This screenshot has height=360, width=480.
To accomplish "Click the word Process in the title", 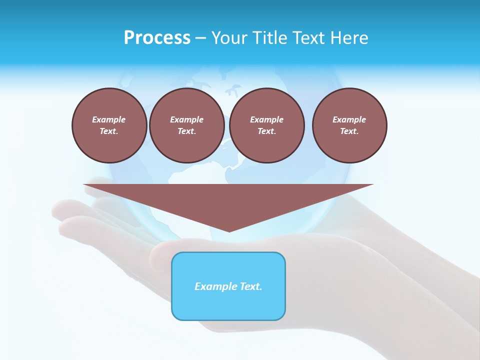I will coord(157,38).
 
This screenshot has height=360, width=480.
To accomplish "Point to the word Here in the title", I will coord(349,38).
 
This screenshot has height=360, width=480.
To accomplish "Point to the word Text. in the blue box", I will coord(250,286).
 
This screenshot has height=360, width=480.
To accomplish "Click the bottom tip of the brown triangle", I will coord(229,231).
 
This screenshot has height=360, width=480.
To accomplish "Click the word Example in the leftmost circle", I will coord(109,119).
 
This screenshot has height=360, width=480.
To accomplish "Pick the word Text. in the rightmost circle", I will coord(349,131).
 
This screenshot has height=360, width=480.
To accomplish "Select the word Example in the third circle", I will coord(266,119).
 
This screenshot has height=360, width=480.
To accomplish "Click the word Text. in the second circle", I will coord(186,131).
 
